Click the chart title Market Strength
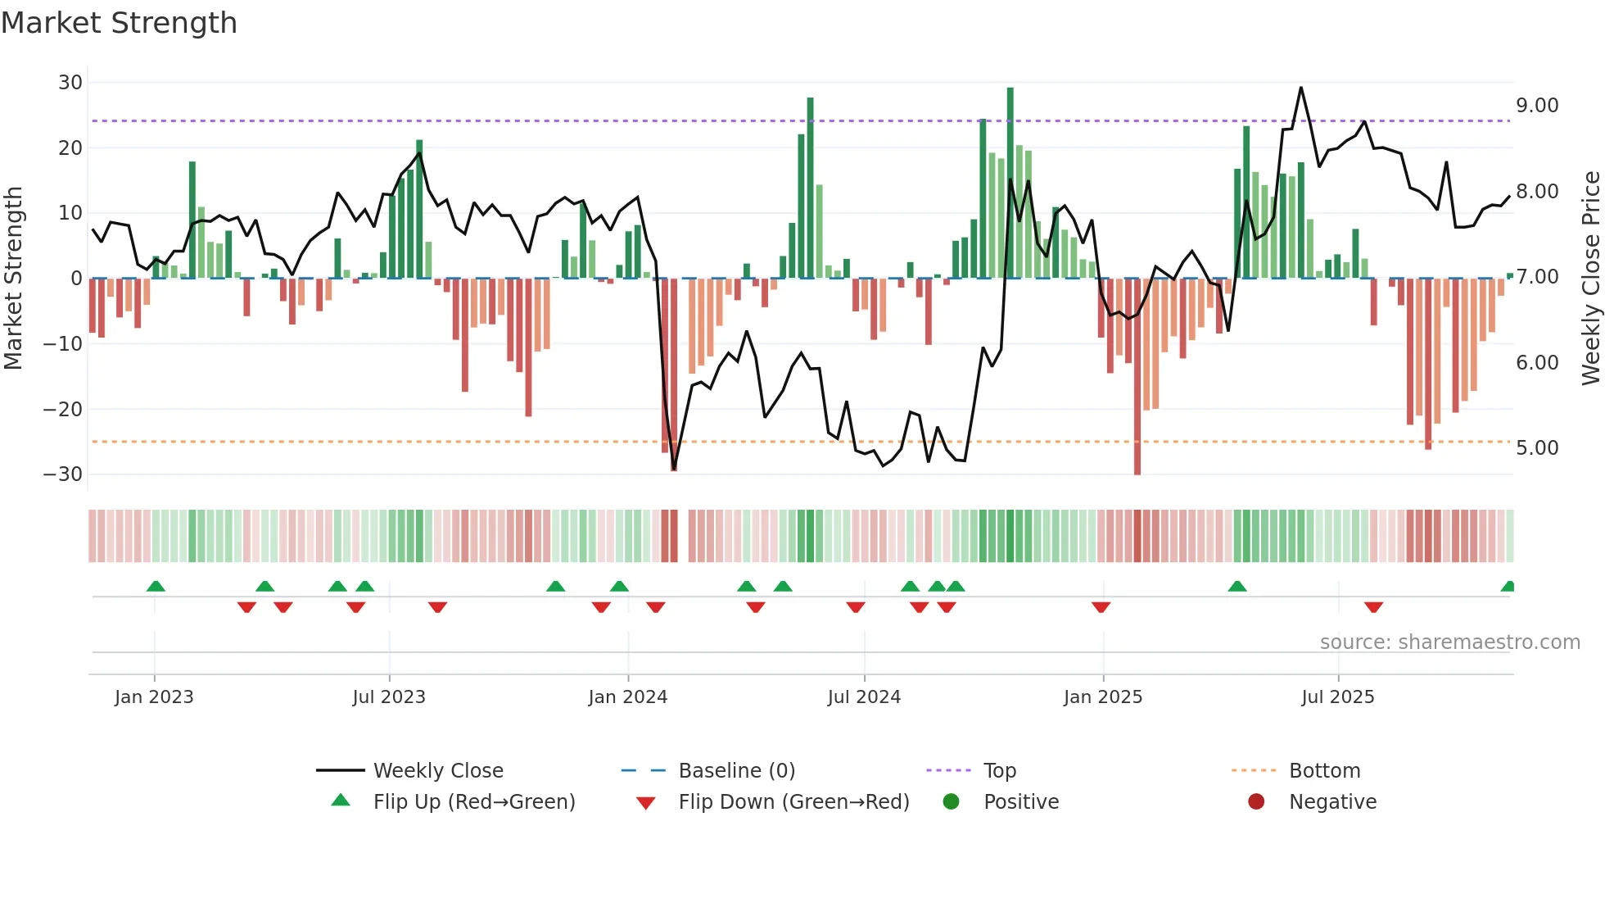(119, 23)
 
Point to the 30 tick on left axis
(70, 83)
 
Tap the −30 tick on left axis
(63, 474)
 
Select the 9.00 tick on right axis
(1537, 106)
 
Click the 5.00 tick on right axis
(1537, 448)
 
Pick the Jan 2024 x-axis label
(627, 697)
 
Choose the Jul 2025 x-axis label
(1337, 697)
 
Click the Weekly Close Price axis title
(1590, 278)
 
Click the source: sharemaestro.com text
(1449, 642)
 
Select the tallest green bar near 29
(1010, 182)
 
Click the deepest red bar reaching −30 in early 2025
(1137, 377)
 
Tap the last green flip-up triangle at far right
(1508, 587)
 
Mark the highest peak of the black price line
(1300, 88)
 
